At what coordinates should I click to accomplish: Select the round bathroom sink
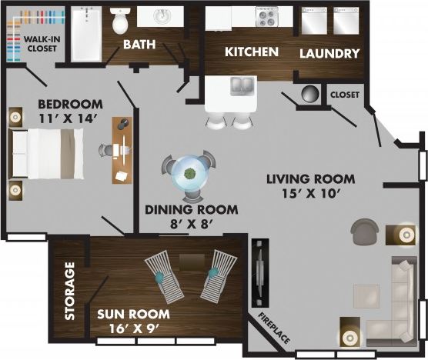(163, 17)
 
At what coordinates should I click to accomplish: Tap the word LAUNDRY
(329, 53)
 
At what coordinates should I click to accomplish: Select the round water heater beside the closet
(309, 95)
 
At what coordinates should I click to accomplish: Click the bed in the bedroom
(46, 153)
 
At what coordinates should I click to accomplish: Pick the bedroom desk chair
(105, 151)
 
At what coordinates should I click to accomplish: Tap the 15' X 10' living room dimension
(310, 194)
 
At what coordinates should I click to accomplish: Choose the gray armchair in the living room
(364, 230)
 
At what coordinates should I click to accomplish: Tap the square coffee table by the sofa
(366, 295)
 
